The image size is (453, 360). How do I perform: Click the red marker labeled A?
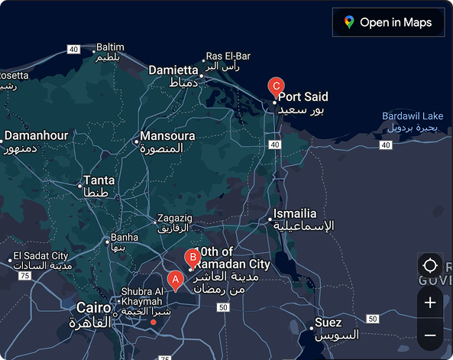tap(175, 281)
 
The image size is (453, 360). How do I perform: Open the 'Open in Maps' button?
tap(388, 22)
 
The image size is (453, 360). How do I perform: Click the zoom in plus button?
tap(430, 303)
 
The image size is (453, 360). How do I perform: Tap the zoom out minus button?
tap(430, 335)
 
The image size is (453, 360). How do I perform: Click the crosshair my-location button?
tap(430, 266)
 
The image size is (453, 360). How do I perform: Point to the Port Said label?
tap(303, 97)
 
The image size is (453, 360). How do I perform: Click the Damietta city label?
tap(173, 70)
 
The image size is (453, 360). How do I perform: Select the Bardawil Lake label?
tap(413, 116)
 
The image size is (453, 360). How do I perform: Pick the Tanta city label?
tap(99, 181)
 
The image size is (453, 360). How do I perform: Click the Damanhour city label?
tap(37, 135)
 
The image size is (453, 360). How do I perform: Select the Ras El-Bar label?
tap(228, 56)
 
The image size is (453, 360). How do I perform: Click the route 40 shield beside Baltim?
tap(73, 49)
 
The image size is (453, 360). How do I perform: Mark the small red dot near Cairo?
tap(154, 322)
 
